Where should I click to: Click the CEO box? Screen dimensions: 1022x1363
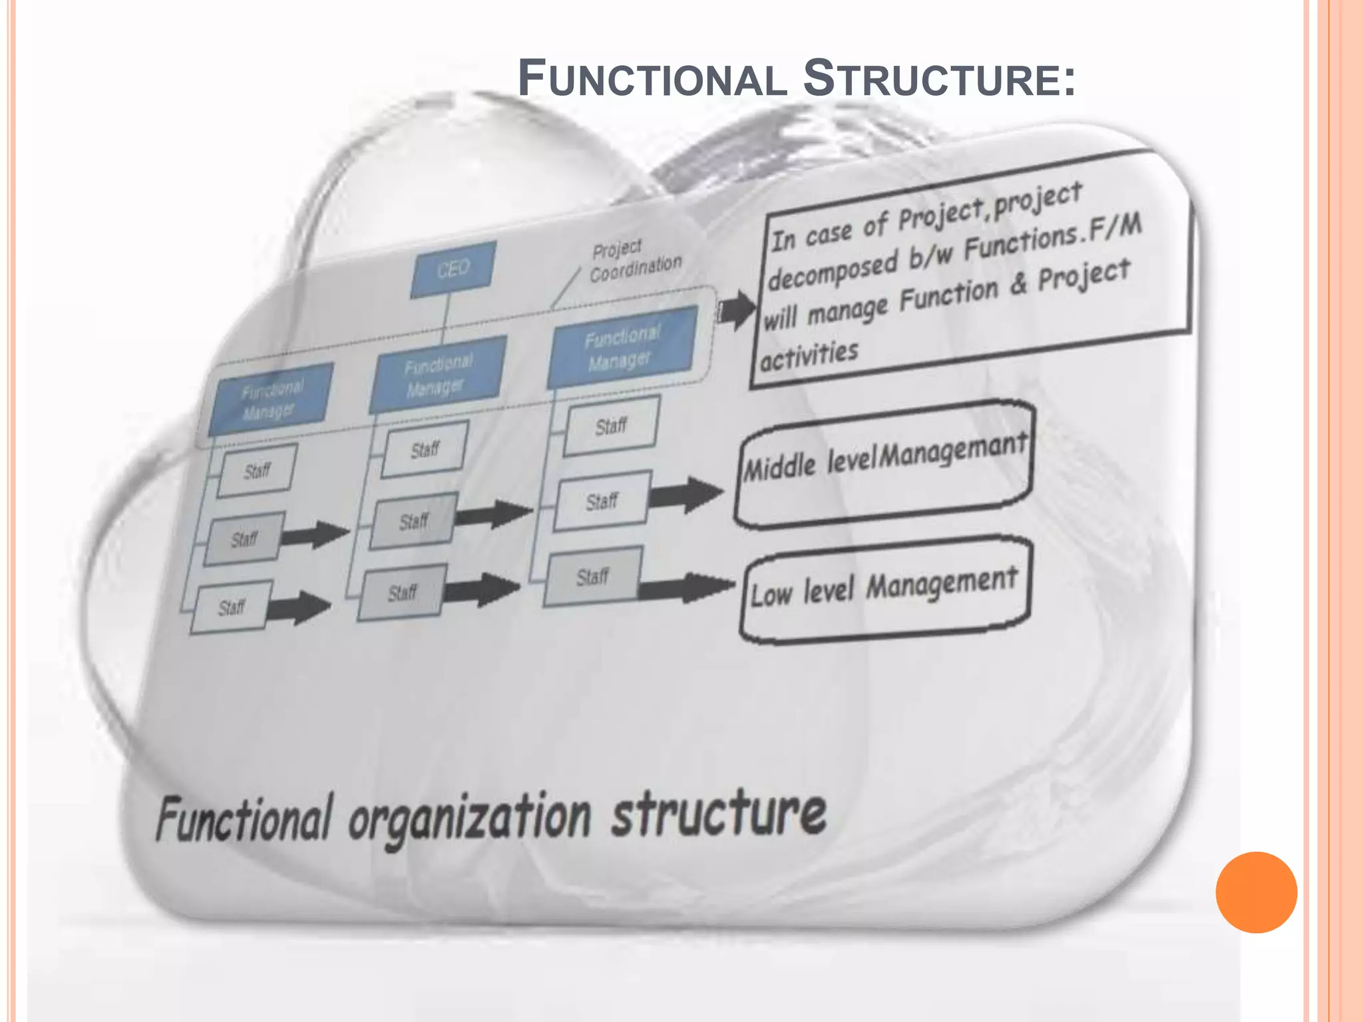pos(453,269)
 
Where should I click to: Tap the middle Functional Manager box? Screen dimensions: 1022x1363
pos(437,375)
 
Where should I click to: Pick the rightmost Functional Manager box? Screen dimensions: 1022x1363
pos(622,347)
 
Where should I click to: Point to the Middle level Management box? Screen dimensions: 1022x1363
pos(884,463)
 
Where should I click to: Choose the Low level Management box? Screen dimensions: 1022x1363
pos(884,590)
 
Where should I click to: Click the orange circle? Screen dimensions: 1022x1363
pos(1256,892)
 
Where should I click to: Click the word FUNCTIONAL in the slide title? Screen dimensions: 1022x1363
pos(652,79)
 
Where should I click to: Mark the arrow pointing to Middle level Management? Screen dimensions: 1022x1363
pos(685,494)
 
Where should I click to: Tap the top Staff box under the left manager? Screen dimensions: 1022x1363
pos(256,471)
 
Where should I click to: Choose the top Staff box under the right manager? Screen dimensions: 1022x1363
pos(611,426)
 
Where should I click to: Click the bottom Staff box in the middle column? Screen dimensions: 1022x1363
pos(402,592)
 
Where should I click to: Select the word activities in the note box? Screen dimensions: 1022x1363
pos(809,354)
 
